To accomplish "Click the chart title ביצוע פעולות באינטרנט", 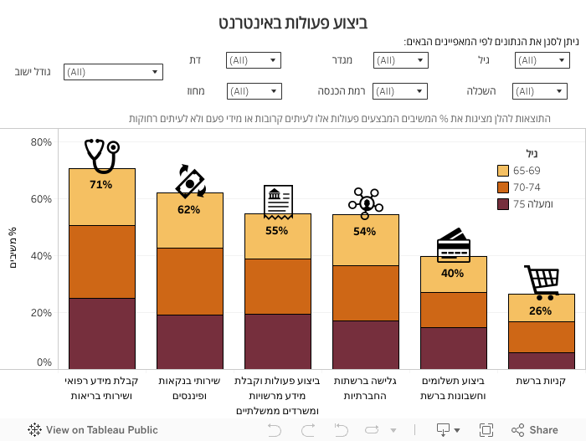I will [x=293, y=23].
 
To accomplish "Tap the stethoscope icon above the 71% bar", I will [x=101, y=156].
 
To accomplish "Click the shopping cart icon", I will [x=541, y=282].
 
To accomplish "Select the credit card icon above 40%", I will [x=453, y=244].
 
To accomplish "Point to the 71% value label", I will [x=101, y=184].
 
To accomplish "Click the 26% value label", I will [x=541, y=310].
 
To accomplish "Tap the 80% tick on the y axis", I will [x=41, y=142].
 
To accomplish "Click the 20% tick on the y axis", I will [x=41, y=313].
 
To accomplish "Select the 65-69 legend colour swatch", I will [x=503, y=171].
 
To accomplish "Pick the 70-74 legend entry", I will [x=527, y=187].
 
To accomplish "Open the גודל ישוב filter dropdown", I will [x=113, y=72].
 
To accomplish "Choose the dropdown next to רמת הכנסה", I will [x=399, y=91].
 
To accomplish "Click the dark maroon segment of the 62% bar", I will [x=189, y=341].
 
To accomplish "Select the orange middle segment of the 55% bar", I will [x=277, y=286].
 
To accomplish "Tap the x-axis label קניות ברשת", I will [x=541, y=381].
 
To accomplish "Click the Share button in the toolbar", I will [x=535, y=430].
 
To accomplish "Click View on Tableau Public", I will [x=93, y=430].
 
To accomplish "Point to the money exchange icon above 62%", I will [x=190, y=181].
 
